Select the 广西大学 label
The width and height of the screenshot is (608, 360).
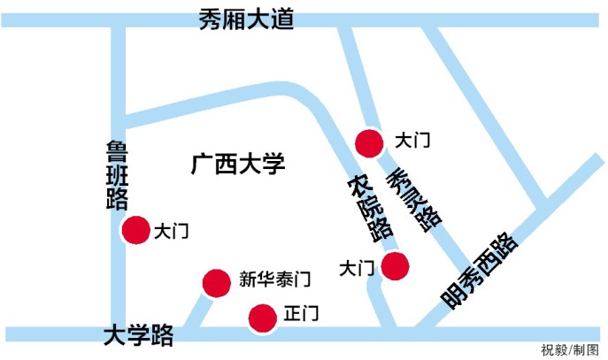[x=239, y=165]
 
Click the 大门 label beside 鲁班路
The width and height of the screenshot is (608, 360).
[x=171, y=232]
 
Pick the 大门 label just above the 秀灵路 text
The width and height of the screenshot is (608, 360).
[x=412, y=140]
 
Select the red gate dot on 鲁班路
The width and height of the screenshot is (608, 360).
[x=135, y=230]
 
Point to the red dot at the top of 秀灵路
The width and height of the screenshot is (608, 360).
[x=367, y=142]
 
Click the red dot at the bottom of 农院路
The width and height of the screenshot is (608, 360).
[x=395, y=264]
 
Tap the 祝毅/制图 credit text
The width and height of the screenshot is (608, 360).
[x=570, y=349]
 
